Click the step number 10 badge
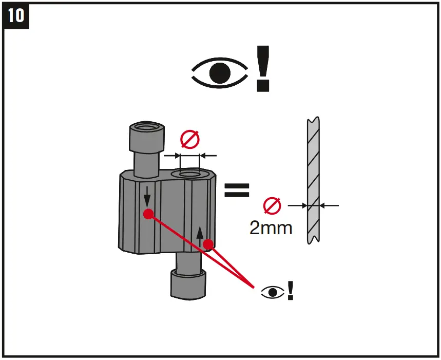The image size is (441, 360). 16,15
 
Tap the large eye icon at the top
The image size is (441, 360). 220,73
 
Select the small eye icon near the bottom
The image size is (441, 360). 273,292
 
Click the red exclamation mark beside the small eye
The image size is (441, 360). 291,291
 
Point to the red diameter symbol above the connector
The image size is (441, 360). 189,139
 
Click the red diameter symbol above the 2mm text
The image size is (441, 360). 272,205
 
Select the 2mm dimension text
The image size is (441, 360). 271,227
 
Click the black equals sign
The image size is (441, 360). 237,190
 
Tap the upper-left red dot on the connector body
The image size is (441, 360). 148,214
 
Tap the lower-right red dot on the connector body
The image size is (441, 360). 208,244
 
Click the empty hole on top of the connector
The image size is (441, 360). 190,175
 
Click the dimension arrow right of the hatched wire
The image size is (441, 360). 329,205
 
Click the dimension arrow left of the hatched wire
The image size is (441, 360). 297,205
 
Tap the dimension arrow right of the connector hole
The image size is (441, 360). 207,155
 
